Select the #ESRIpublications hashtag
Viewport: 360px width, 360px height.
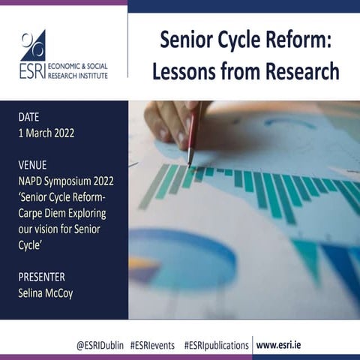216,345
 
